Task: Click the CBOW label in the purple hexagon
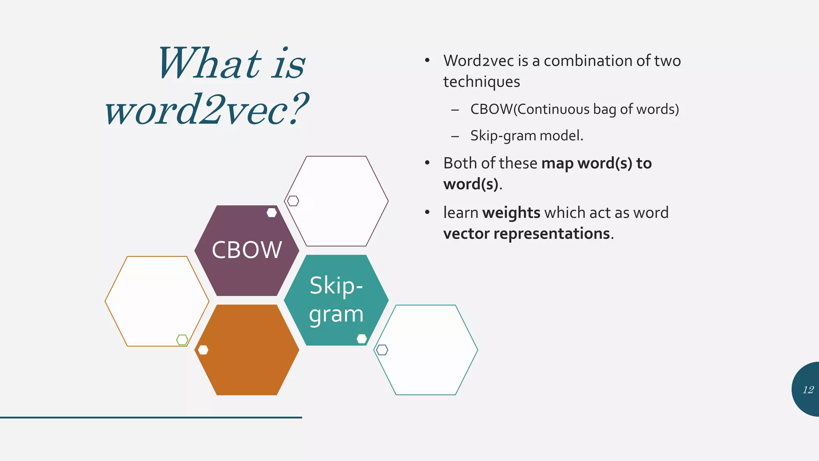247,250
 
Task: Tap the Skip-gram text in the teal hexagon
336,300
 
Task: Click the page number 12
808,390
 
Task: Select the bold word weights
511,212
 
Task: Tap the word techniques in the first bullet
481,82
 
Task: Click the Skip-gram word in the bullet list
503,136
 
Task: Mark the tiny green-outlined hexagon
182,340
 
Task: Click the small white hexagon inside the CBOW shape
272,212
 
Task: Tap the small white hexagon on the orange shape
203,350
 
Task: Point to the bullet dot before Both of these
427,163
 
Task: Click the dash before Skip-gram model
455,136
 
